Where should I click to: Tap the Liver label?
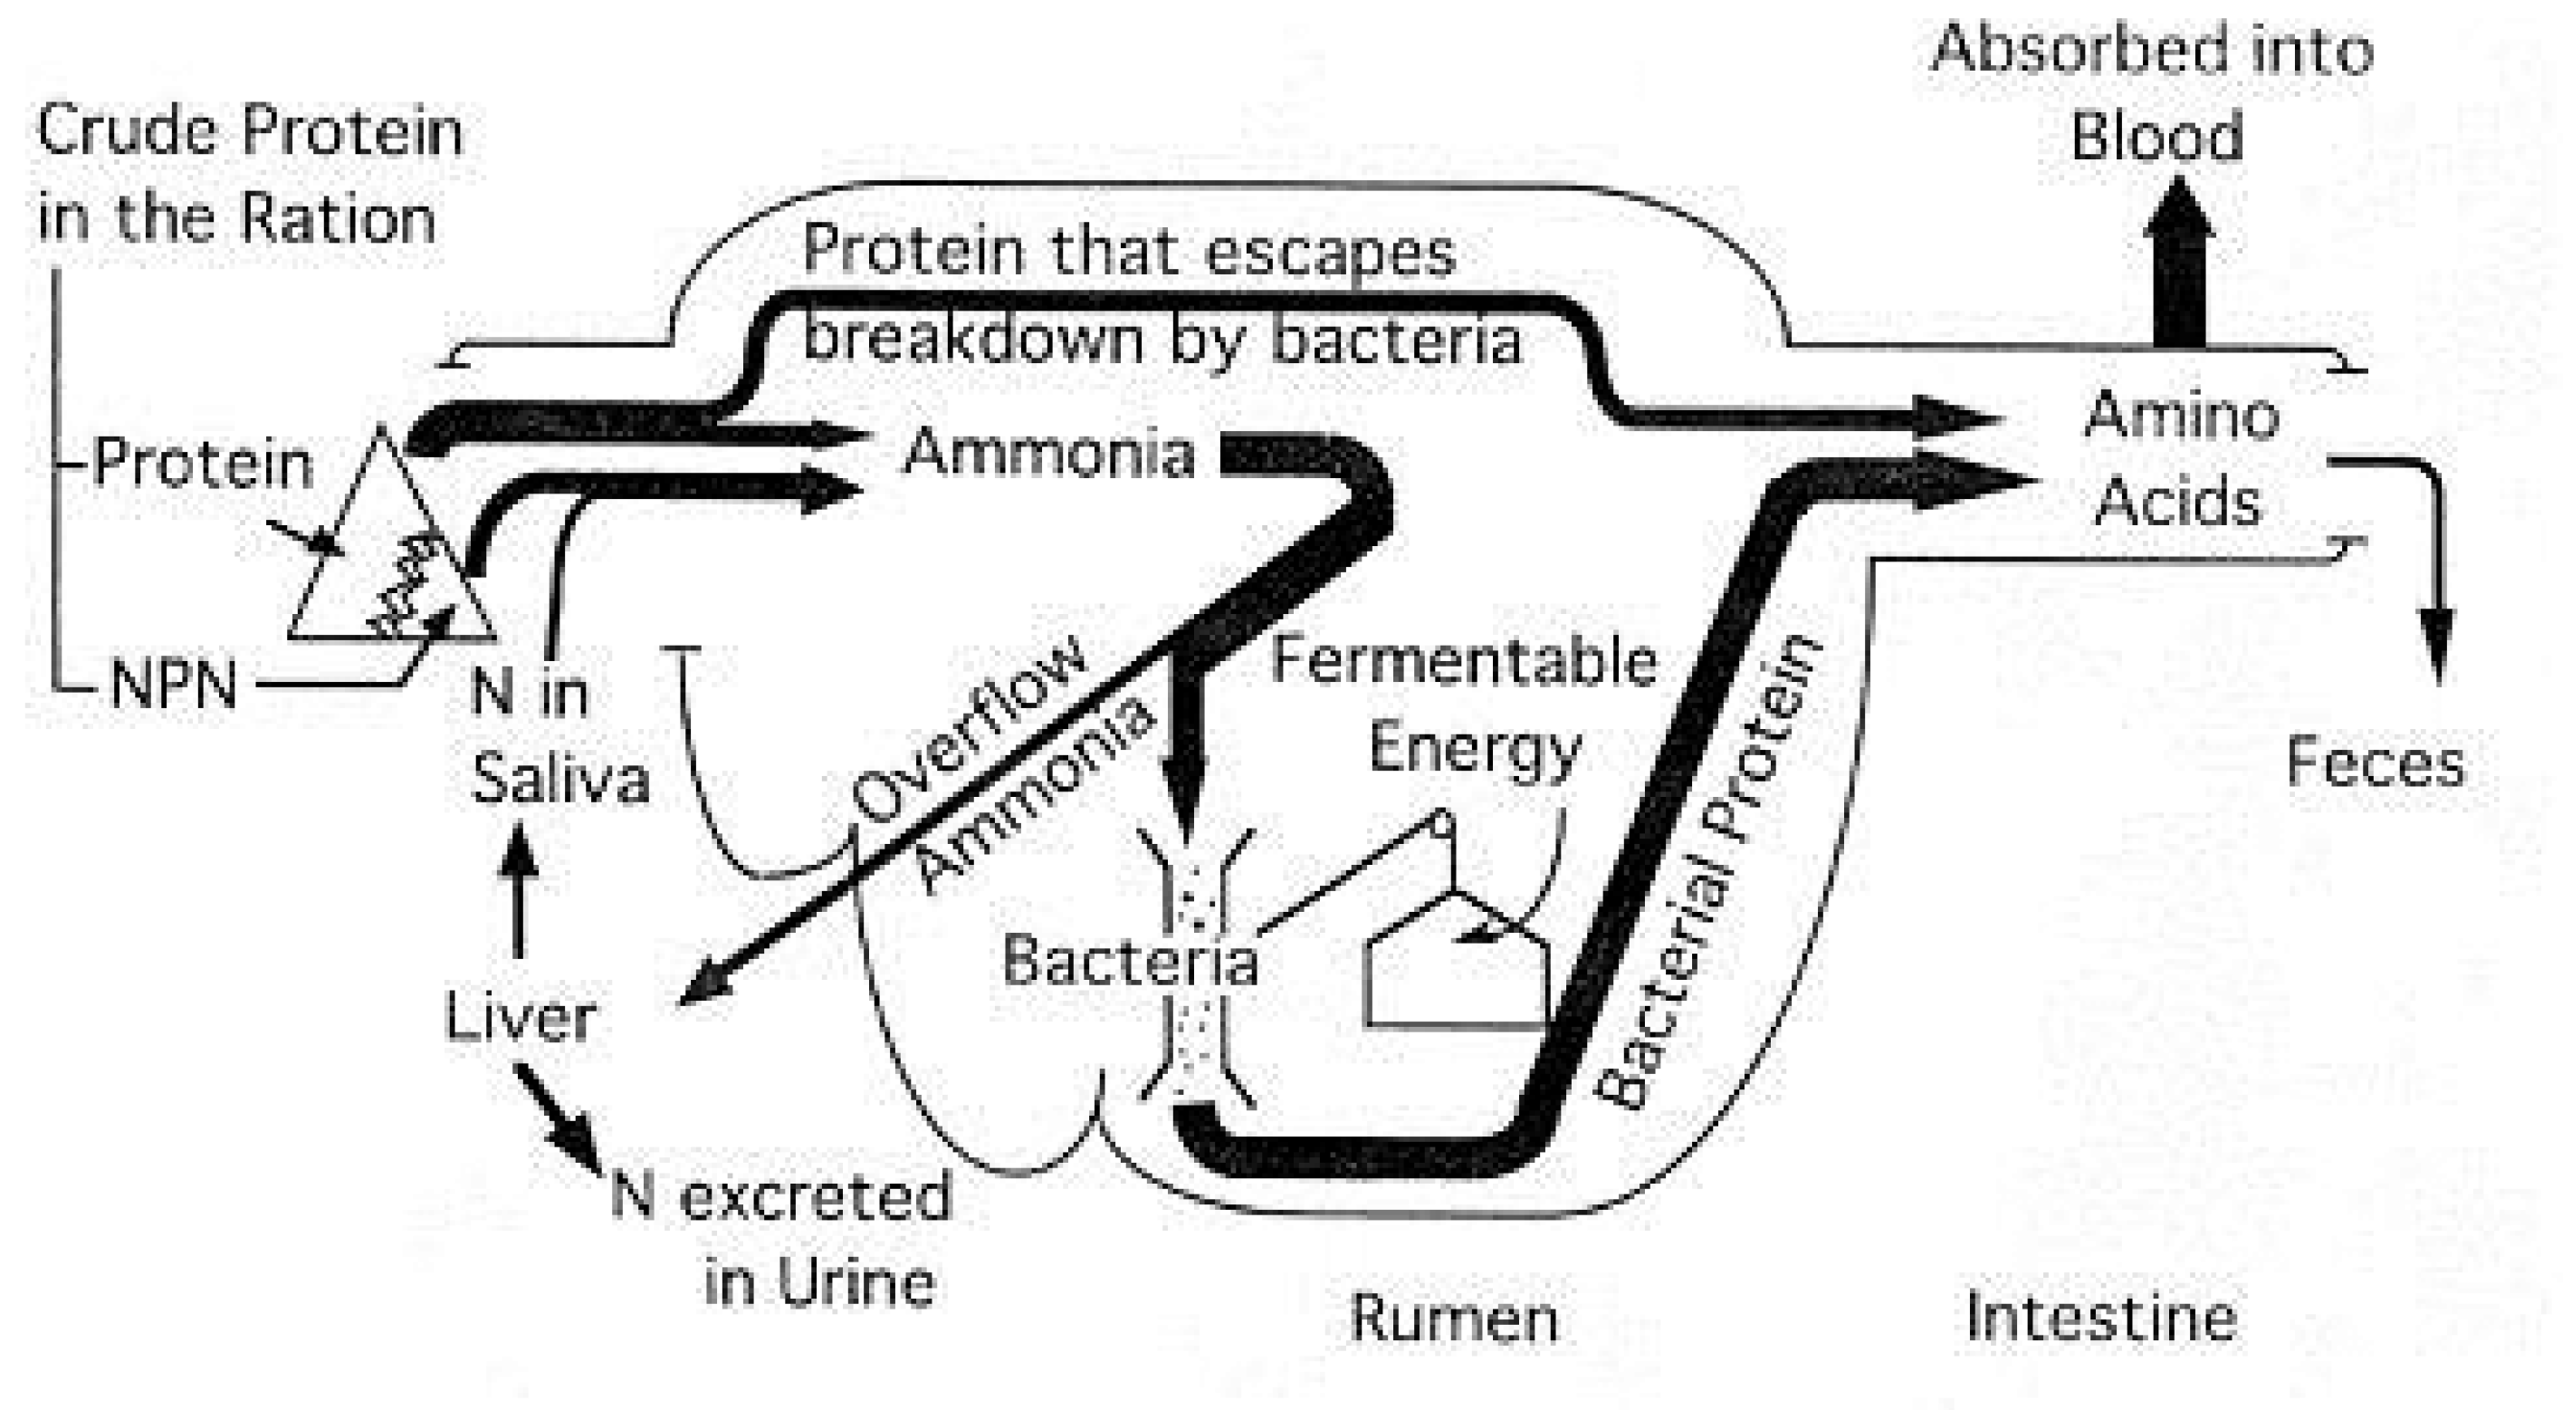click(519, 1019)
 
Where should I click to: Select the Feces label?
click(2375, 764)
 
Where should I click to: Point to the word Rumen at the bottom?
click(1454, 1319)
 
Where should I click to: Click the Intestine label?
click(2102, 1319)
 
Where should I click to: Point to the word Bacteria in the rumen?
click(1129, 962)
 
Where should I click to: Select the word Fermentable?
click(1463, 661)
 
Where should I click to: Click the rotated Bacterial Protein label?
click(1707, 868)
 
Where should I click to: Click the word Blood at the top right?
click(2156, 137)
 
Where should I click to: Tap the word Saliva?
click(560, 779)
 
